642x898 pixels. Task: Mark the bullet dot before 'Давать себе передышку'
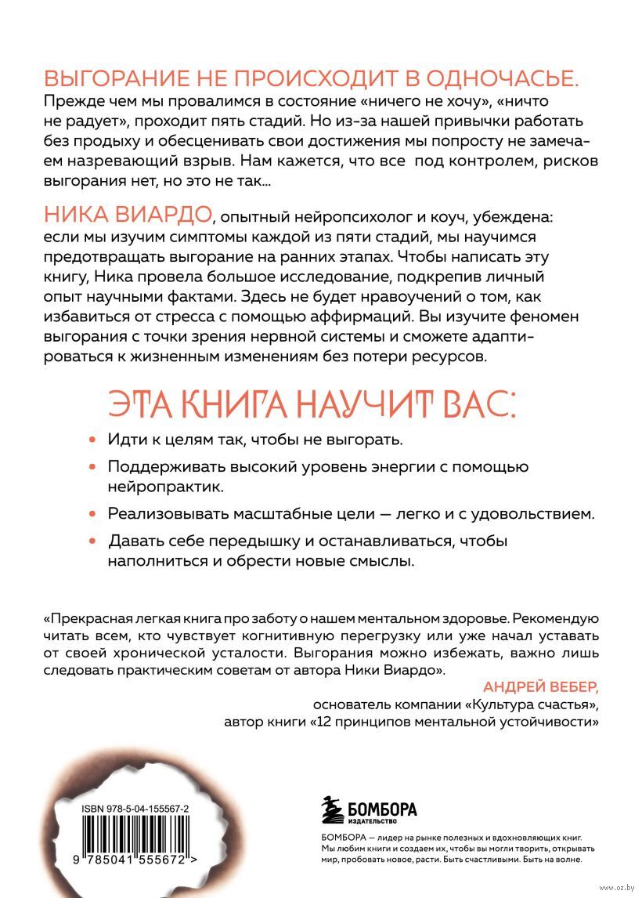(92, 541)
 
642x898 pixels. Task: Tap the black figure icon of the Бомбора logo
(334, 809)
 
